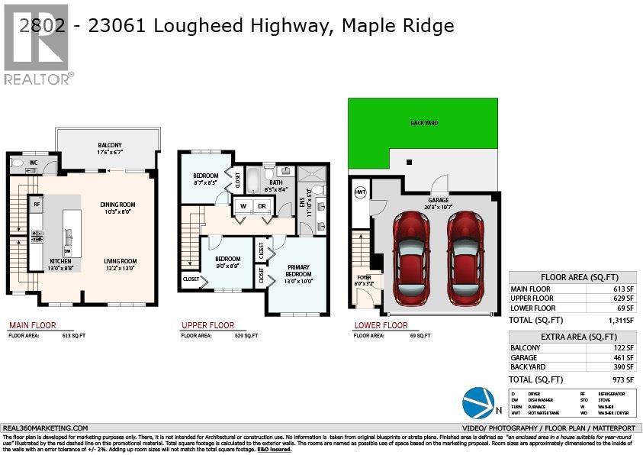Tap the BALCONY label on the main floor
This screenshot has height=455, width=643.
[x=109, y=147]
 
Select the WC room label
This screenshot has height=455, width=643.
[x=34, y=163]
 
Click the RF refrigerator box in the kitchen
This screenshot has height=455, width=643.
[x=36, y=205]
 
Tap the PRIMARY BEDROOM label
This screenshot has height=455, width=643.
[x=298, y=271]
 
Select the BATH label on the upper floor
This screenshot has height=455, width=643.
[x=275, y=184]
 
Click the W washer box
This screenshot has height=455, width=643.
[x=243, y=206]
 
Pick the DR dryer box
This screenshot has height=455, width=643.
[x=262, y=206]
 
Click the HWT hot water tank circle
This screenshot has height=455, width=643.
[x=360, y=192]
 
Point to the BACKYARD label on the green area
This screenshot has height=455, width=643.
[x=424, y=123]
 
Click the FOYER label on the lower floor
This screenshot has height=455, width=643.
[x=365, y=279]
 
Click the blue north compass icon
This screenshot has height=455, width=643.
[x=477, y=404]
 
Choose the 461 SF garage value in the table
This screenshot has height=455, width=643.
[x=621, y=357]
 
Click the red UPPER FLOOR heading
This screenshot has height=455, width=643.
[x=207, y=325]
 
